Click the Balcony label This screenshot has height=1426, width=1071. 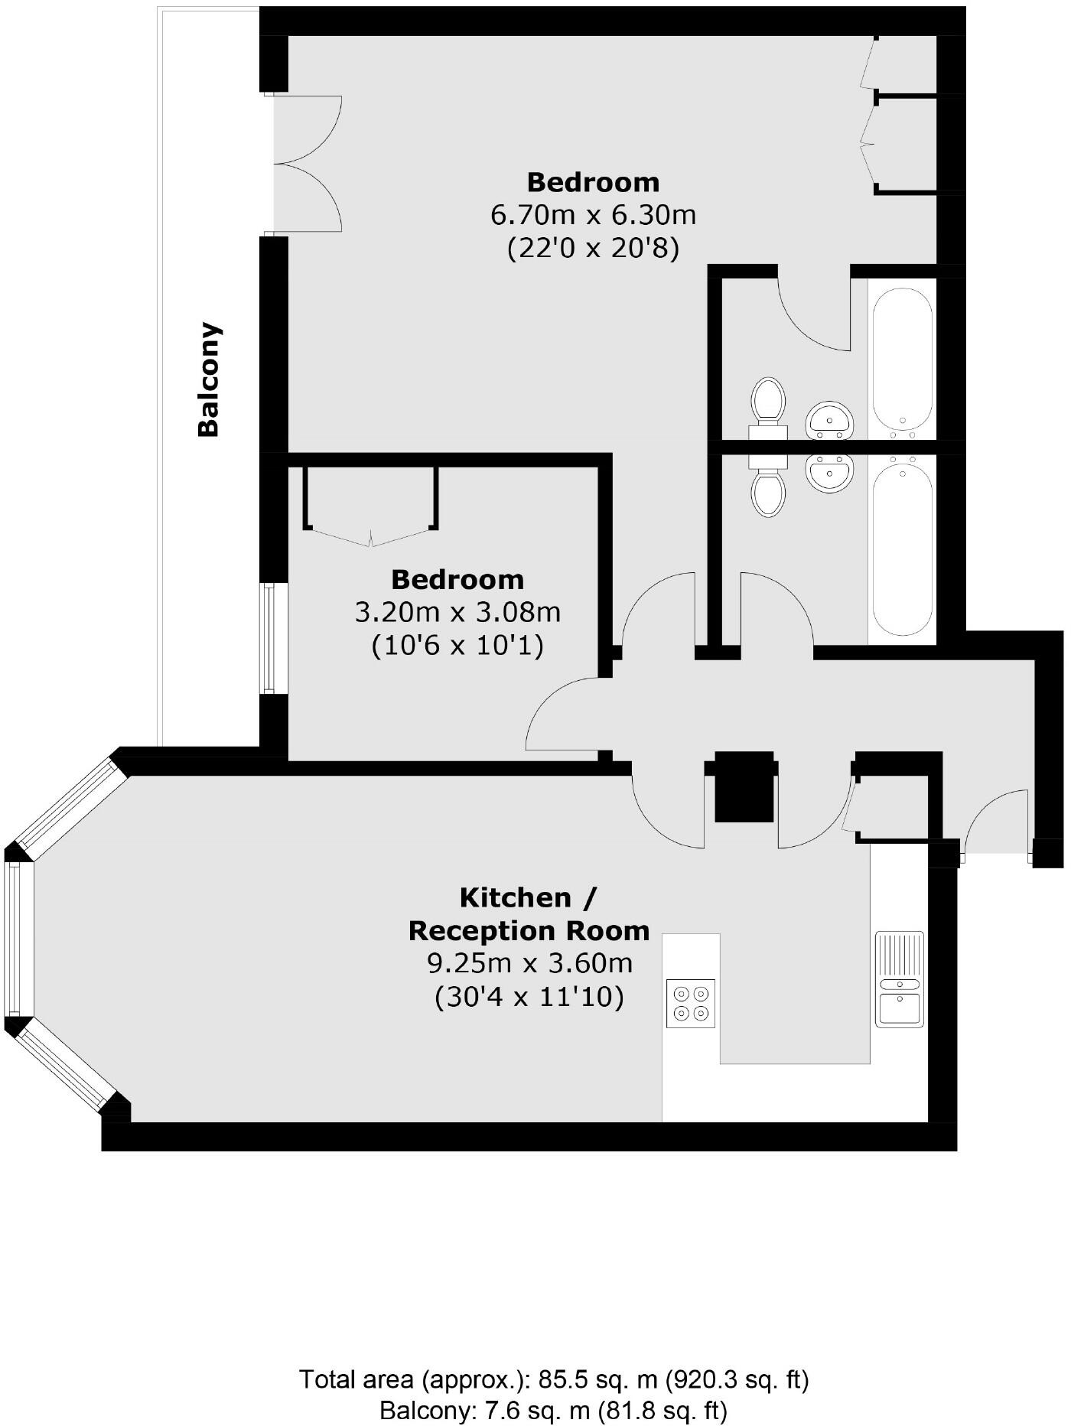(209, 379)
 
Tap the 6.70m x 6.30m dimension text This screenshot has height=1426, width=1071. (593, 215)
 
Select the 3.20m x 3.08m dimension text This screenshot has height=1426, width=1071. (457, 612)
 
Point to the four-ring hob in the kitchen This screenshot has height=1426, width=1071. (691, 1003)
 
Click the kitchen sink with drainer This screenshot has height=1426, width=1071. (900, 979)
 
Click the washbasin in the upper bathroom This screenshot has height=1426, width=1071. (829, 419)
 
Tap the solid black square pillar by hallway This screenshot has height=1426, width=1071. (744, 786)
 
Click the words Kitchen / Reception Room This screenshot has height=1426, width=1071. (529, 914)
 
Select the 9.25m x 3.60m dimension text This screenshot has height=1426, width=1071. (529, 963)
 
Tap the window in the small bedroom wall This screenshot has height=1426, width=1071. (269, 638)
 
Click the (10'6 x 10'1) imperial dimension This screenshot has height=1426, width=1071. (457, 646)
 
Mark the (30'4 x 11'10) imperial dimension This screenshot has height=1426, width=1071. (529, 998)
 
